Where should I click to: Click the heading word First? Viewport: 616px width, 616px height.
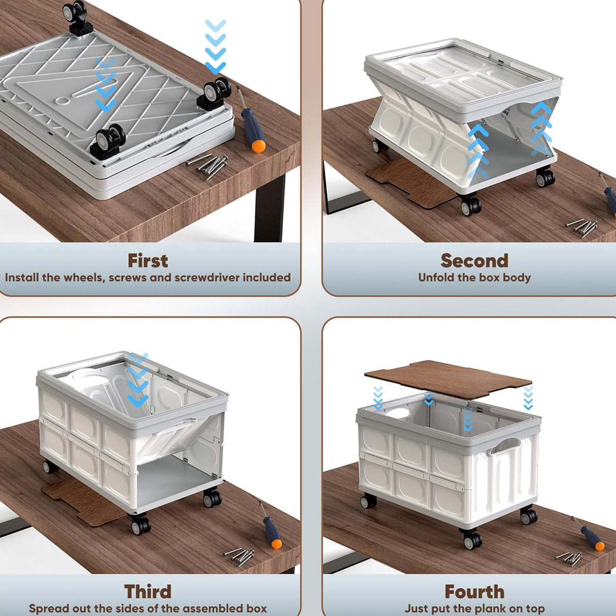pos(148,261)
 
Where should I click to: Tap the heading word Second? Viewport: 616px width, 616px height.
pos(474,261)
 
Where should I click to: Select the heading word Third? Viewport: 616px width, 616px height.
pos(148,583)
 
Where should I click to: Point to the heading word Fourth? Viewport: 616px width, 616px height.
pos(474,583)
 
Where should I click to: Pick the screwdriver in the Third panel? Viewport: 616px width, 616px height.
pos(271,524)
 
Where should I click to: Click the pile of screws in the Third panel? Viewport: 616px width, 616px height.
pos(239,556)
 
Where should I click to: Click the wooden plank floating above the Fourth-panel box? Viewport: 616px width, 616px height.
pos(448,379)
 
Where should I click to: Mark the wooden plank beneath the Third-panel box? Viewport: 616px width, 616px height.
pos(85,502)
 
